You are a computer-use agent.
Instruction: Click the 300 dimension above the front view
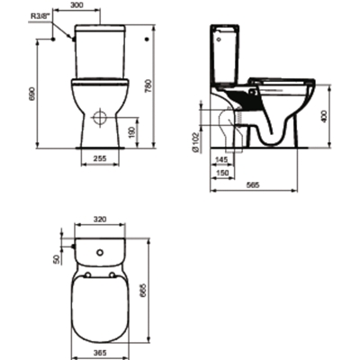pos(77,4)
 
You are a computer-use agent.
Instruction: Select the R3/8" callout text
pos(40,15)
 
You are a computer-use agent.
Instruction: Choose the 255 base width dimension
pos(100,158)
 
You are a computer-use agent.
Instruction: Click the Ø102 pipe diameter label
pos(195,142)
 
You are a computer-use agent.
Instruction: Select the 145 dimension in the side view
pos(222,159)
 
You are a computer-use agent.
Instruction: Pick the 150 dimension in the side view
pos(222,173)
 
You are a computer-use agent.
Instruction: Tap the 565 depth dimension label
pos(253,185)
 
